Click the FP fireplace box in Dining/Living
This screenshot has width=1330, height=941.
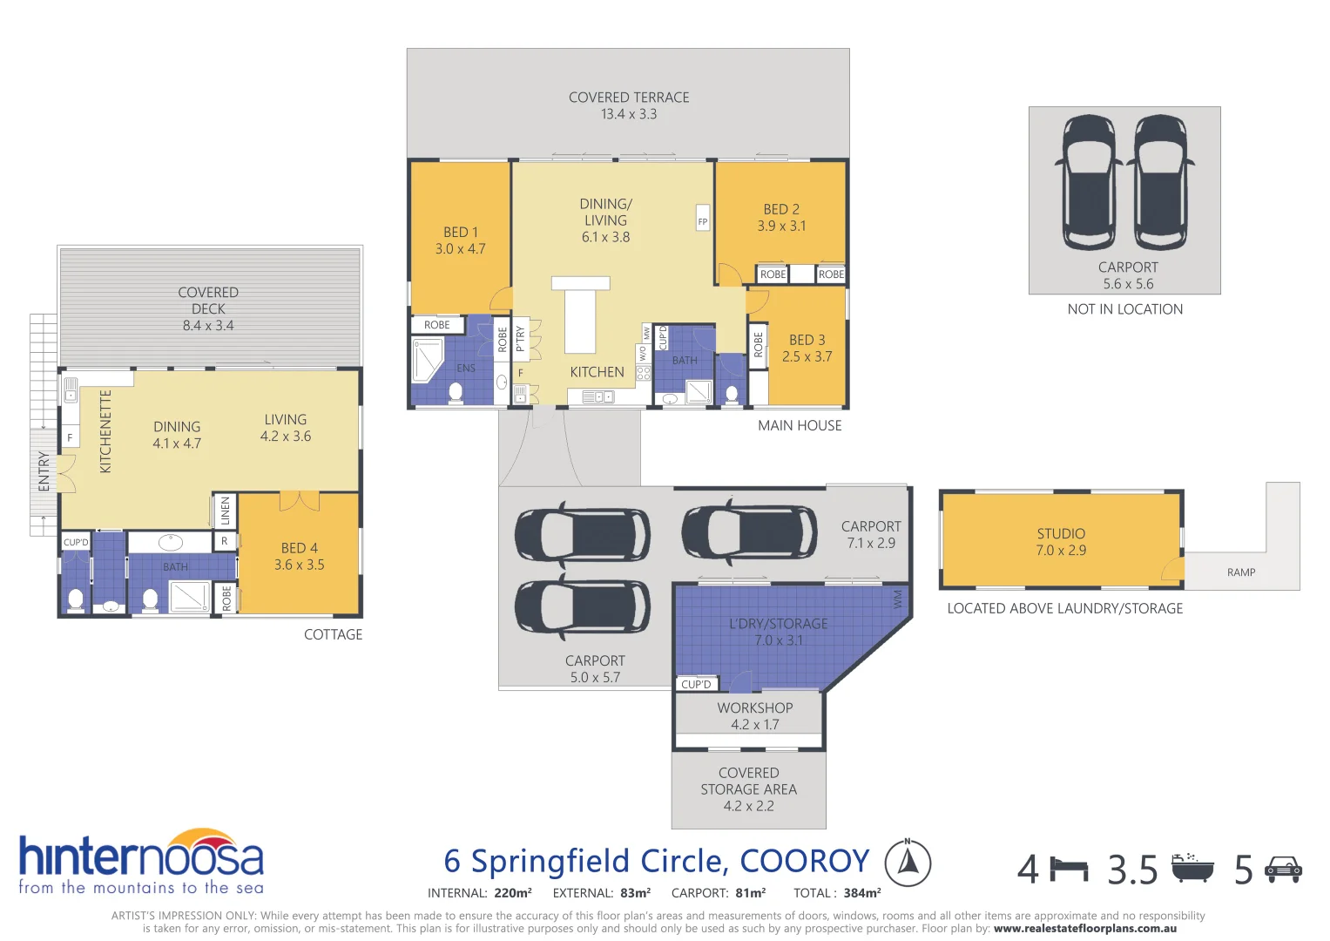click(x=703, y=220)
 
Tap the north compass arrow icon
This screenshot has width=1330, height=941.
click(x=908, y=863)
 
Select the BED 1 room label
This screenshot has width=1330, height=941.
click(x=460, y=240)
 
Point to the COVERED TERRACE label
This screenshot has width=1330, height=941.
click(x=629, y=105)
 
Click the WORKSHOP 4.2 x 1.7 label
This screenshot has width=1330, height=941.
click(x=754, y=716)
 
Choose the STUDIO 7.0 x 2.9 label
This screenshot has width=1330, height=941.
click(x=1060, y=541)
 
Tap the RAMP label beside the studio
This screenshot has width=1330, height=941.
click(x=1240, y=572)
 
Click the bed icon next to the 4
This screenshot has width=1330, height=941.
click(x=1069, y=870)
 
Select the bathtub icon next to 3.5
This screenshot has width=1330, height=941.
click(x=1192, y=869)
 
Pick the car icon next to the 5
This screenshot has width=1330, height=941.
click(x=1283, y=869)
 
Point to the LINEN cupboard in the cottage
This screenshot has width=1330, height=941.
click(x=225, y=511)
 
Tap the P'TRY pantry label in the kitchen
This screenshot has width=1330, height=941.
click(x=520, y=338)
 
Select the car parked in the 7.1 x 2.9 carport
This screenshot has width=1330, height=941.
click(x=749, y=532)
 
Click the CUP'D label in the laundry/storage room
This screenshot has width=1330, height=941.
click(x=696, y=684)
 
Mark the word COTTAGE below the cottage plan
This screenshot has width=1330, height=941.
click(x=333, y=634)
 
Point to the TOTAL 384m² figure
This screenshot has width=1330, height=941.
click(x=837, y=892)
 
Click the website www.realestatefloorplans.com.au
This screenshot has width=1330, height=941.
click(x=1084, y=928)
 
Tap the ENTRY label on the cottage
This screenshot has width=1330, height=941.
click(x=44, y=471)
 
